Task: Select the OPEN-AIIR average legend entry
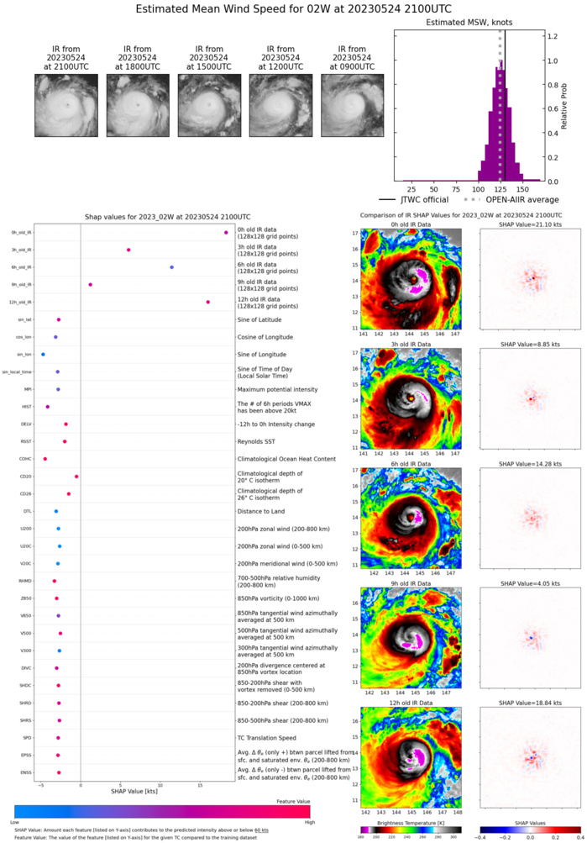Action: point(514,200)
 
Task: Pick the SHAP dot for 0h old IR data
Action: point(226,233)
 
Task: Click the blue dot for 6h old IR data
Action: point(171,267)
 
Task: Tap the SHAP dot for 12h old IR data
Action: point(207,303)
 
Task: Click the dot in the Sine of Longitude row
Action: point(44,355)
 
